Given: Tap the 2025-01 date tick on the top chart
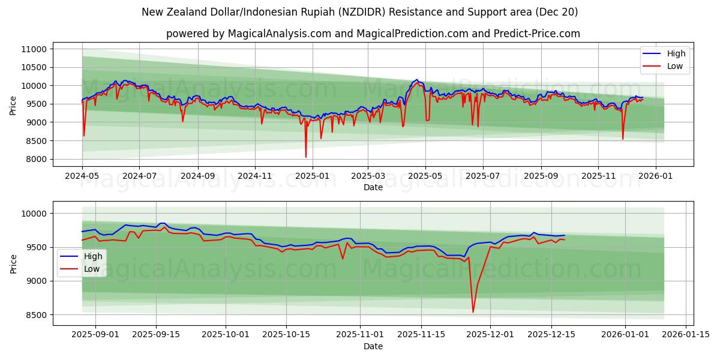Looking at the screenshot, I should click(x=313, y=176).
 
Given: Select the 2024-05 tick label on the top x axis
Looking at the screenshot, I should click(x=82, y=176).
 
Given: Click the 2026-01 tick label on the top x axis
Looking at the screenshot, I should click(x=655, y=176).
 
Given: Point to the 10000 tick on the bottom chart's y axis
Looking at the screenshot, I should click(x=34, y=214).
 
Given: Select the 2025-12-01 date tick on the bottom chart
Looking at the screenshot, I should click(x=490, y=334).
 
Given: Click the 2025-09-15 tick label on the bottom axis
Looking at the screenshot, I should click(x=157, y=334).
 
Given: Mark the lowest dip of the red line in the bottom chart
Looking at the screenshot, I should click(x=473, y=312).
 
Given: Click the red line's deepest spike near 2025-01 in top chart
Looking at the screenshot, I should click(x=306, y=157).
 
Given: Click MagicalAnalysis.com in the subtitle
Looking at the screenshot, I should click(x=279, y=34).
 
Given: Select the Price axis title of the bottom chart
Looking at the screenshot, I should click(x=13, y=263).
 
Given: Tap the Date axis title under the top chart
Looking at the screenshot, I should click(x=373, y=187).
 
